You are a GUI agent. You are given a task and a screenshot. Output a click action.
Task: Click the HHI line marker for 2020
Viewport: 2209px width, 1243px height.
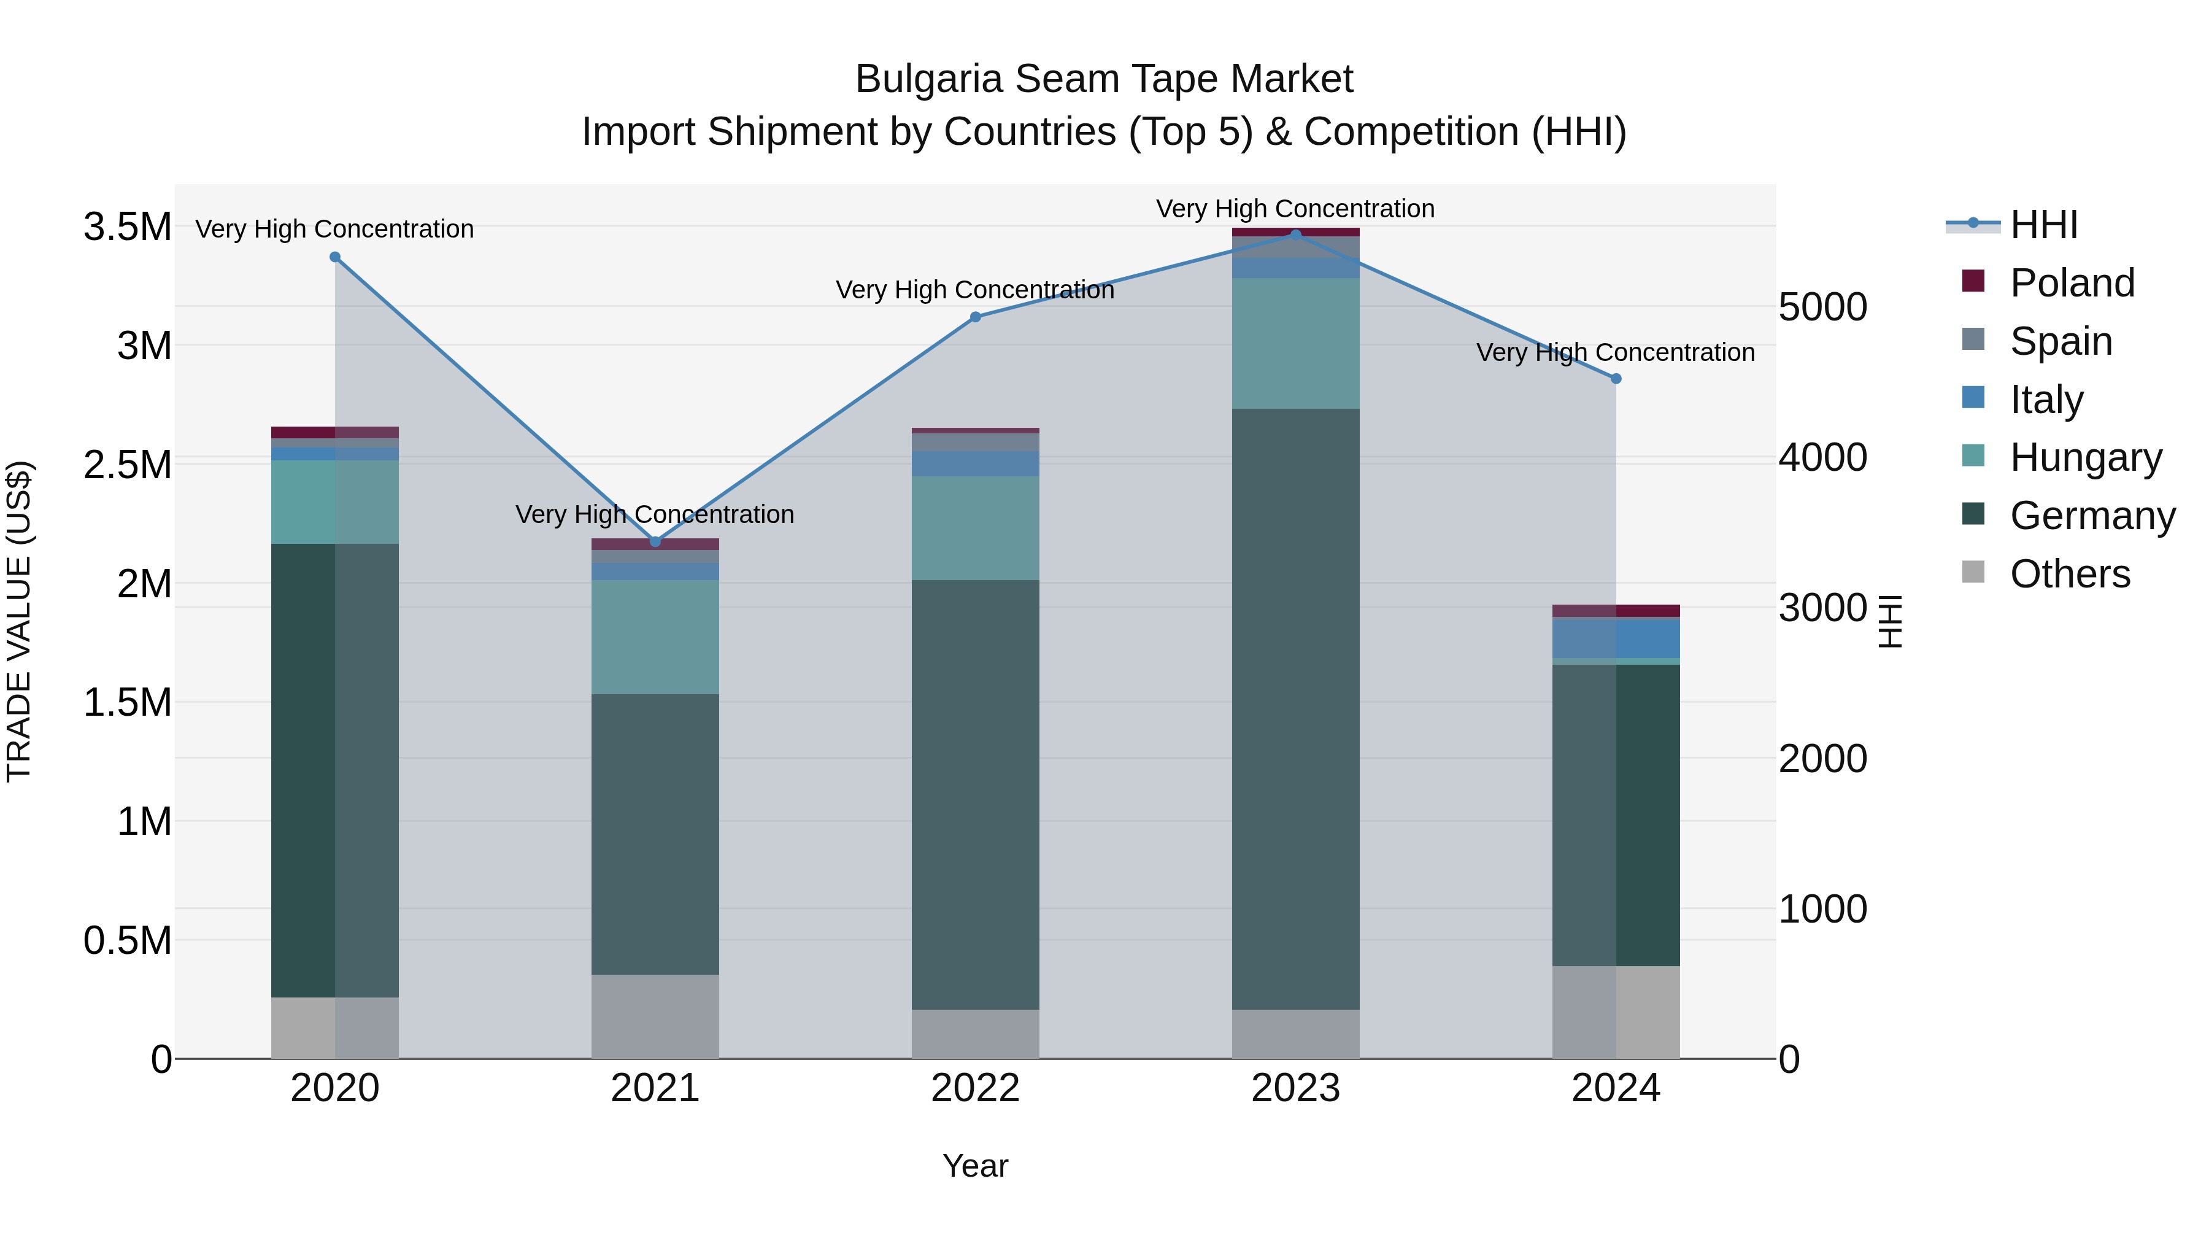(335, 257)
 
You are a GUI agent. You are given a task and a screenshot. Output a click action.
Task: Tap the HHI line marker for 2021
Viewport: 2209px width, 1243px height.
(655, 542)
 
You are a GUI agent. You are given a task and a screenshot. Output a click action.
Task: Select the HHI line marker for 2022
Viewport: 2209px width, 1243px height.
(975, 317)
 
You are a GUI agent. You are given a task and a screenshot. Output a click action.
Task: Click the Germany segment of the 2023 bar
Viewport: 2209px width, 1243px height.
(1296, 708)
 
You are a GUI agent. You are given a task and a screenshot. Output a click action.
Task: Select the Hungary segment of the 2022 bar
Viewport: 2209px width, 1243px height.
(975, 529)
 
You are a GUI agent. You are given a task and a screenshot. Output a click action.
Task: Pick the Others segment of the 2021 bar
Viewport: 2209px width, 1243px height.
(655, 1016)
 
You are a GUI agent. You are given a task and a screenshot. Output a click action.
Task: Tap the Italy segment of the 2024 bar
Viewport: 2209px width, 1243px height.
(1616, 638)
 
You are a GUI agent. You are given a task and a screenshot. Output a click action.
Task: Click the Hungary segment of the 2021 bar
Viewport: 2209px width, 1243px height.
(655, 637)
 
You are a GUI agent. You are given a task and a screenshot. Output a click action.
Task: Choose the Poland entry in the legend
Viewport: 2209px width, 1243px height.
(2072, 283)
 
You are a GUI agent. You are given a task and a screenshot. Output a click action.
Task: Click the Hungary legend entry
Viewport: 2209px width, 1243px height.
(2086, 458)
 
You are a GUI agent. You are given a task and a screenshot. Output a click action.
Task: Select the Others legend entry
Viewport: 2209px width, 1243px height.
(2069, 574)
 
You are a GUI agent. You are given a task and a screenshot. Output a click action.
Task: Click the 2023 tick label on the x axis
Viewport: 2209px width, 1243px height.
(1296, 1088)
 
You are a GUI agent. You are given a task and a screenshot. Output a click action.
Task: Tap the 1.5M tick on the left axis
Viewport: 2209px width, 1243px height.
(128, 703)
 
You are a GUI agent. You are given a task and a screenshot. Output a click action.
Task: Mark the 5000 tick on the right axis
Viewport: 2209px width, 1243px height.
(1822, 307)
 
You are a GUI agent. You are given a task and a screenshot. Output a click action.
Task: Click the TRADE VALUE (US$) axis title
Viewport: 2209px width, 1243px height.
(20, 621)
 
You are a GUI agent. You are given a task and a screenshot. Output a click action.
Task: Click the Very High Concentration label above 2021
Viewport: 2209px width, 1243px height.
(655, 515)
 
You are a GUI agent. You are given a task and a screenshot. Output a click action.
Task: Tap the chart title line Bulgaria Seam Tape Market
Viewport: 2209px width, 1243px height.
(1104, 80)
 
